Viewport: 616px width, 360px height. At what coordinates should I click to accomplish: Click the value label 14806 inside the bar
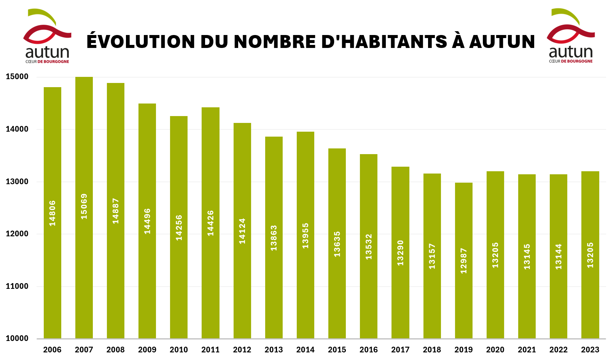click(53, 213)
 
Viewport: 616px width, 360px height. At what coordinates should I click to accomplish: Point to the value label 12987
click(463, 261)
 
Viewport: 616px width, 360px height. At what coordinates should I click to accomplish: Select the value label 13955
click(306, 236)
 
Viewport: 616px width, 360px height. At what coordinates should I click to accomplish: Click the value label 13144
click(559, 257)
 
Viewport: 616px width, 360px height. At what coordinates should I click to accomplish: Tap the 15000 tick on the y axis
click(17, 77)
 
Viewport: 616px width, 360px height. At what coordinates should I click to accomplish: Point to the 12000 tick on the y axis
click(17, 234)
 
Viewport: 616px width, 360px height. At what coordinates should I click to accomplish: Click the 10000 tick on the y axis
click(17, 339)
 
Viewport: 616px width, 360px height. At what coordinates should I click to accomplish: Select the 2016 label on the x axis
click(369, 350)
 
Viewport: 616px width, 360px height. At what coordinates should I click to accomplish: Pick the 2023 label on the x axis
click(590, 350)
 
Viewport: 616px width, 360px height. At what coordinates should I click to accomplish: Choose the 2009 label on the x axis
click(147, 350)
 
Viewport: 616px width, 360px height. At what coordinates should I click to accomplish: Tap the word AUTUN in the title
click(502, 42)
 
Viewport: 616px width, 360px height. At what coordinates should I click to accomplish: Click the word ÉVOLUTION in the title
click(140, 42)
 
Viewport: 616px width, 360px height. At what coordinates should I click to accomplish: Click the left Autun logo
click(48, 36)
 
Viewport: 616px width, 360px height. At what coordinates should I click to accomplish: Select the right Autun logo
click(571, 36)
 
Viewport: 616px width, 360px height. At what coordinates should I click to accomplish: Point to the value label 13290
click(400, 253)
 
